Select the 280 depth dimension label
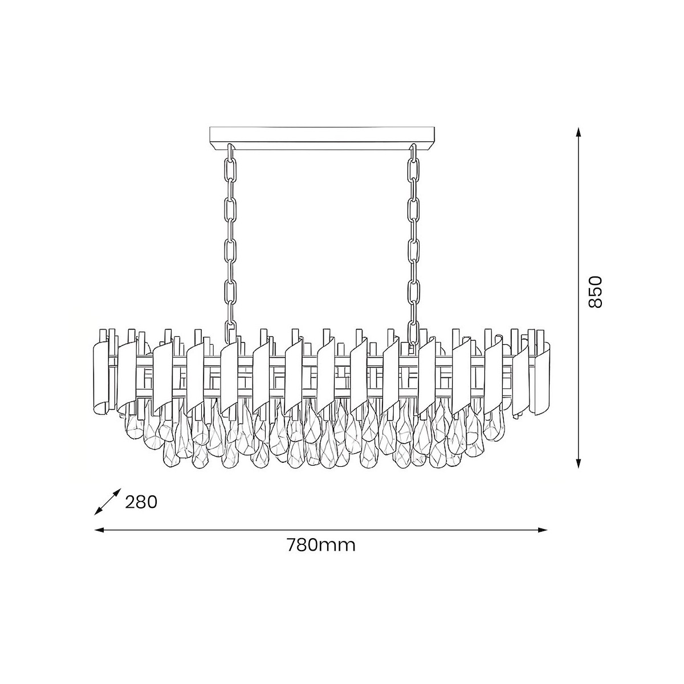(141, 502)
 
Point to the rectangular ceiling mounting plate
(321, 138)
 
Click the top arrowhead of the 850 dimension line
(579, 133)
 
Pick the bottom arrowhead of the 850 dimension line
(579, 463)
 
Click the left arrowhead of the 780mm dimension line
(100, 540)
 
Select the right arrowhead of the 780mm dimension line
(542, 540)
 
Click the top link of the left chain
(230, 151)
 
